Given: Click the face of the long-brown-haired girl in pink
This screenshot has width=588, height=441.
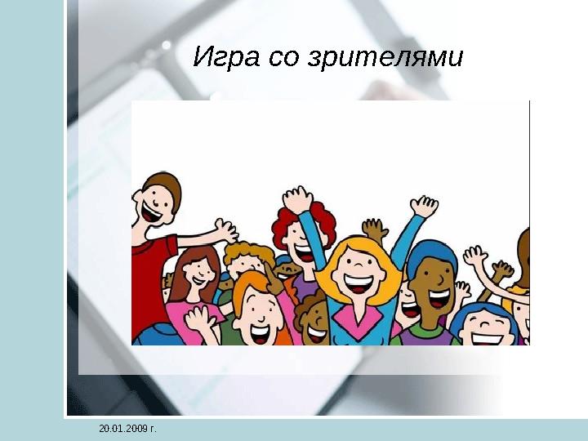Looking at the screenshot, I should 194,278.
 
